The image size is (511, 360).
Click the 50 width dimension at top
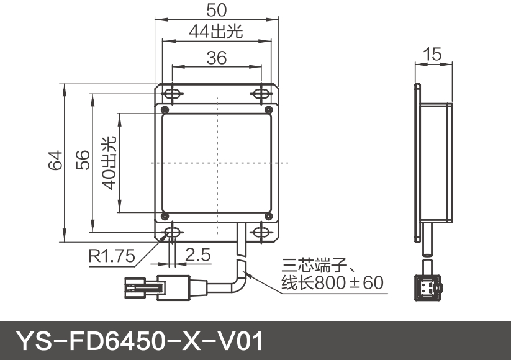tap(217, 10)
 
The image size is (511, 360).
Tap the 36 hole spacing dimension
tap(217, 58)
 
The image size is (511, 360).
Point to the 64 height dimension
tap(55, 163)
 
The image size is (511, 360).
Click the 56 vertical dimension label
tap(83, 160)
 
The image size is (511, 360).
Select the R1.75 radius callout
tap(111, 255)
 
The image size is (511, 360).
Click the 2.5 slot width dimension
tap(197, 254)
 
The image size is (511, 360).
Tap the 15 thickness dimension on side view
tap(433, 54)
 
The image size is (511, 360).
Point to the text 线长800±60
tap(333, 284)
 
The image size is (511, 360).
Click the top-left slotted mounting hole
tap(172, 94)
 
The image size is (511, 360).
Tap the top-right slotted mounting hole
tap(261, 94)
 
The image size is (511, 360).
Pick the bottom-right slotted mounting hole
tap(261, 232)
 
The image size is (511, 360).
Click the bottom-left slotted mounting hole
tap(172, 232)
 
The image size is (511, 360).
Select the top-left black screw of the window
tap(165, 110)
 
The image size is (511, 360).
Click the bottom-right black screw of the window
tap(268, 216)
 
